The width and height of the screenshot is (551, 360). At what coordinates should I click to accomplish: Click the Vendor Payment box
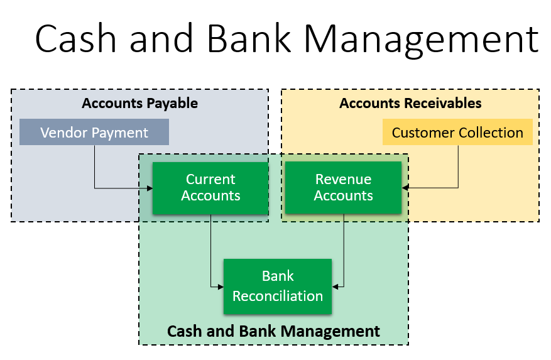[x=94, y=132]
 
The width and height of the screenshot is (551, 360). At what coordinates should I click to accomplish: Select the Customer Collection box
[x=457, y=132]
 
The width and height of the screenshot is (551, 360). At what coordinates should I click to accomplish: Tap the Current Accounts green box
[x=210, y=188]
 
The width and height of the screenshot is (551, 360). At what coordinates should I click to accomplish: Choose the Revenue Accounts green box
[x=343, y=187]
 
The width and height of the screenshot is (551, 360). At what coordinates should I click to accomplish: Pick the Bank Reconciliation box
[x=278, y=286]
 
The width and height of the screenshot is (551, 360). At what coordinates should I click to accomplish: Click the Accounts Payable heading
[x=140, y=104]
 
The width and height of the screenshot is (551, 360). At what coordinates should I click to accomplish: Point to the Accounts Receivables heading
[x=410, y=104]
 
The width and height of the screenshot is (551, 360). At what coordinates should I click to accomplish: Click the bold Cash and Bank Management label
[x=273, y=331]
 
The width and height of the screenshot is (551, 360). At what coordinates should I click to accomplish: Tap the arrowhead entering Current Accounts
[x=150, y=188]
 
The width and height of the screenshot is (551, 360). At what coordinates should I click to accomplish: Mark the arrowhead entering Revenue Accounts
[x=405, y=188]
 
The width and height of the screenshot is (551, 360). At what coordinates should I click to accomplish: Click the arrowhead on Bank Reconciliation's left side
[x=221, y=287]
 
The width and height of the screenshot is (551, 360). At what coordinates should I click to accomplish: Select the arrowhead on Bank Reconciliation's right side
[x=335, y=287]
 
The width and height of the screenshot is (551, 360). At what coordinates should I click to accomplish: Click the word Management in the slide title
[x=421, y=39]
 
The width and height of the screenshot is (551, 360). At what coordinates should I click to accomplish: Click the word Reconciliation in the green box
[x=278, y=296]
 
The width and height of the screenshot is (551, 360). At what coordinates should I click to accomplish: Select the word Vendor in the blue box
[x=63, y=133]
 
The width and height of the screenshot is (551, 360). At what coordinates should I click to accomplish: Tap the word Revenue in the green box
[x=343, y=179]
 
